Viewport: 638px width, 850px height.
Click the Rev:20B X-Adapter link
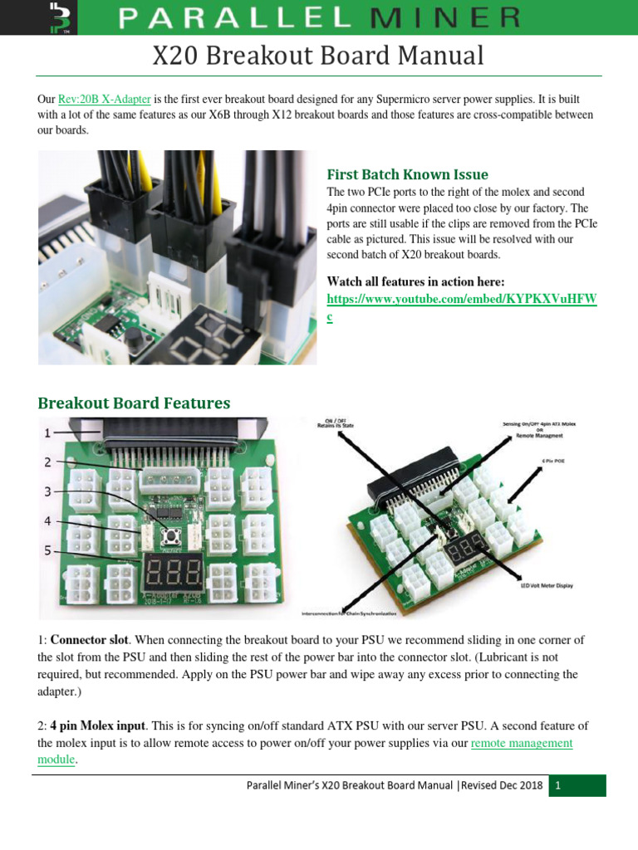104,99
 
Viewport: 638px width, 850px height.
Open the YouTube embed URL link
461,299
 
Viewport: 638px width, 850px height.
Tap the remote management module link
521,743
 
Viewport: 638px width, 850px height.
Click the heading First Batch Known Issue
407,174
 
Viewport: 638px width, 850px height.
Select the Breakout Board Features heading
134,403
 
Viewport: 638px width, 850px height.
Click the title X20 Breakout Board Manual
318,56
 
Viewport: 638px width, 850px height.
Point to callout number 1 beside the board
47,432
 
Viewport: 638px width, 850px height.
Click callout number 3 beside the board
47,491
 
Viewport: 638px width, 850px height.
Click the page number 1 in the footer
559,785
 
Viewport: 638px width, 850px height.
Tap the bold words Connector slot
90,640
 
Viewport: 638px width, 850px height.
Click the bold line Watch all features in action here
415,281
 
